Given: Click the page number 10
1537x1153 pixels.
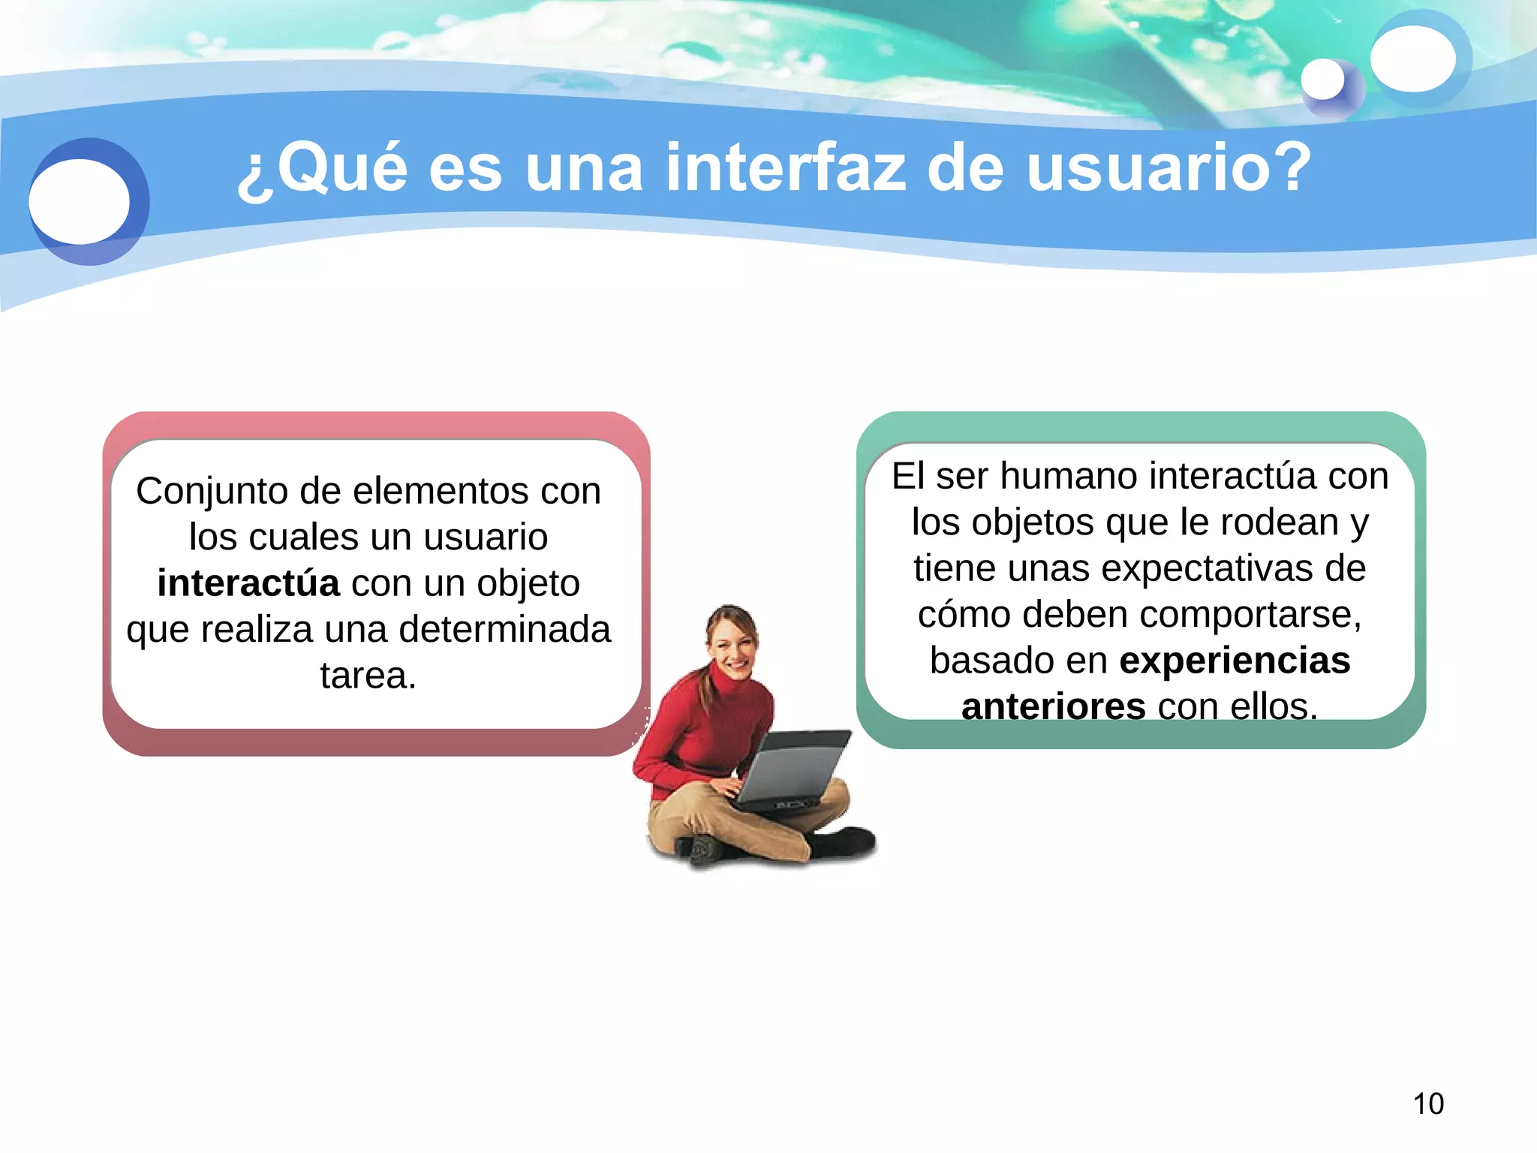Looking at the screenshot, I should click(1428, 1104).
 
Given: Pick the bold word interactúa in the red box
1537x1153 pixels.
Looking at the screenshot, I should click(248, 583).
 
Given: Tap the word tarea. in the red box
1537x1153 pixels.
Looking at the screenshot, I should click(368, 675).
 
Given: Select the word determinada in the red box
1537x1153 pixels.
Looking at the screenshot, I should click(504, 629).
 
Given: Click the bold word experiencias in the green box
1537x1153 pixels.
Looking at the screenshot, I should click(1235, 661).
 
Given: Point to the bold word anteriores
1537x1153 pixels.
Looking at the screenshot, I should click(1053, 706).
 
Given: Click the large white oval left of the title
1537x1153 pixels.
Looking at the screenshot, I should click(80, 201).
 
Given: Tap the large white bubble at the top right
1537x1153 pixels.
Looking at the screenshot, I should click(1412, 59).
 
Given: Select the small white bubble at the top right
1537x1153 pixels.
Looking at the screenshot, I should click(1322, 80).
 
